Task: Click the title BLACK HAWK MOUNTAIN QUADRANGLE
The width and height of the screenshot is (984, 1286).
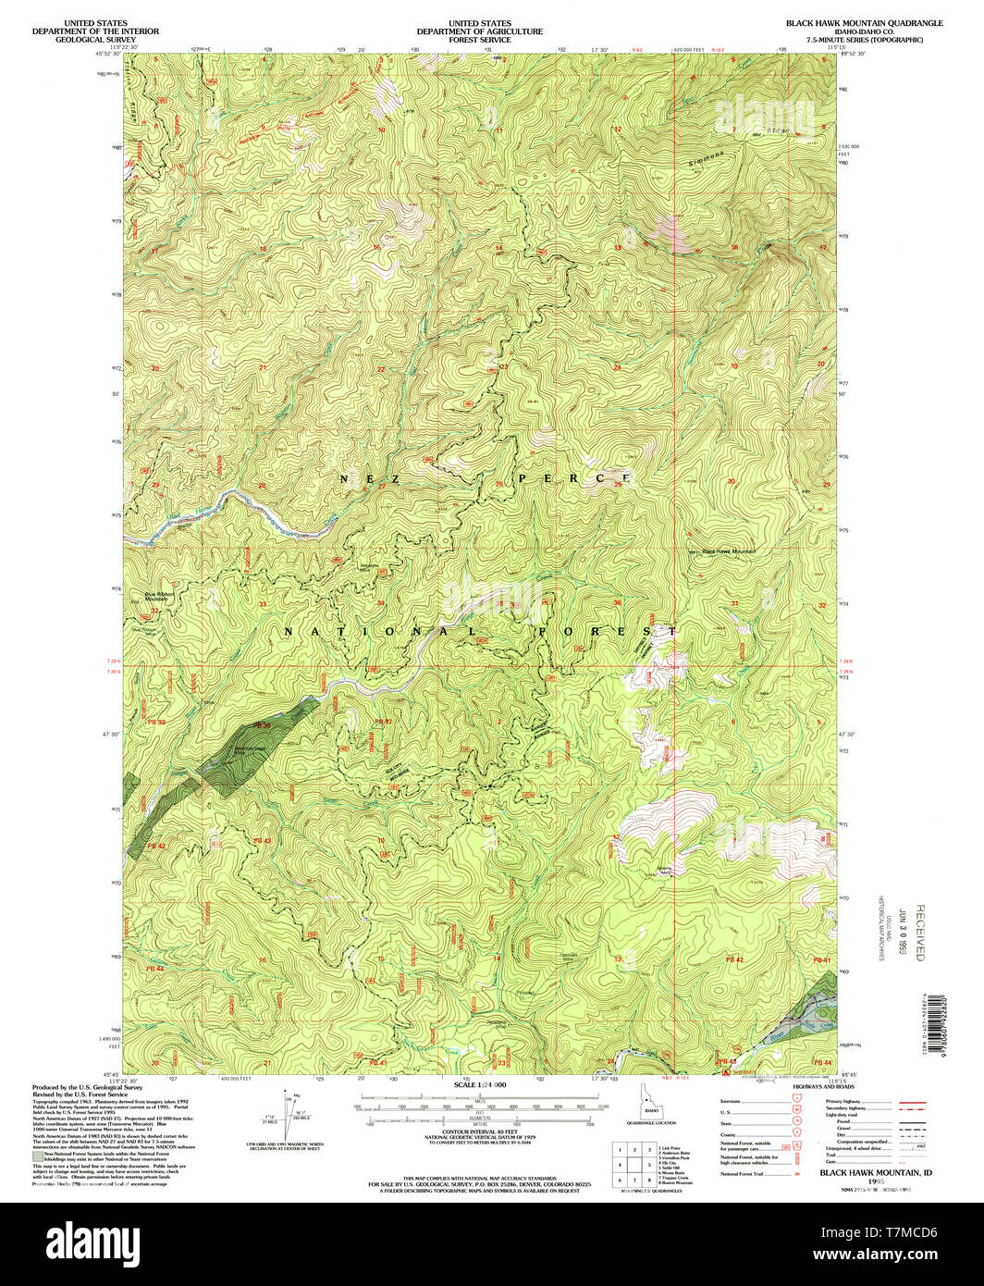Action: coord(864,22)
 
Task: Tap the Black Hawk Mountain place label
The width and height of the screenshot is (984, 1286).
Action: coord(729,552)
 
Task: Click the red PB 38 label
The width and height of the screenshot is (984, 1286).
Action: coord(264,725)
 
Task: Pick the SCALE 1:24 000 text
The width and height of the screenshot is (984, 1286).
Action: coord(481,1083)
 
